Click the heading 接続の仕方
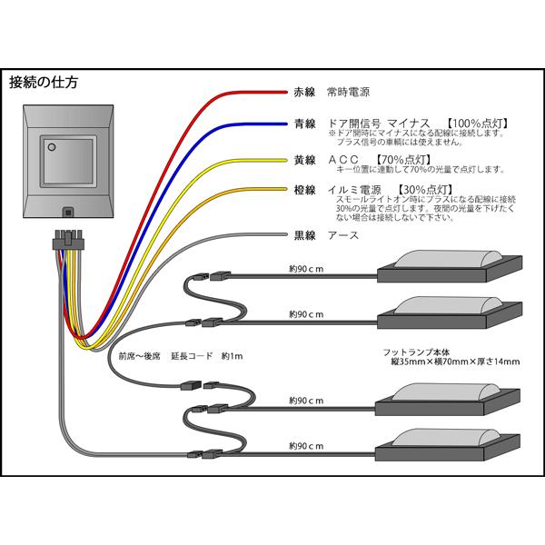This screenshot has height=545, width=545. click(x=44, y=83)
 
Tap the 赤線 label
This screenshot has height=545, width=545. click(x=304, y=92)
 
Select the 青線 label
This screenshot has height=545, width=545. click(x=304, y=124)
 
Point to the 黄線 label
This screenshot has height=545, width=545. click(x=304, y=160)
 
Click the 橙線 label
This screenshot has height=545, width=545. click(x=304, y=190)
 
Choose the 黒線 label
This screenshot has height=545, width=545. click(x=304, y=235)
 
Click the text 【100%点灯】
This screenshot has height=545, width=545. click(x=478, y=123)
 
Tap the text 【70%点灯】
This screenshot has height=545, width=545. click(x=403, y=160)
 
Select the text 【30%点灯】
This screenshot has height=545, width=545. click(x=425, y=190)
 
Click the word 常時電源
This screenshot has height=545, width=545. click(x=348, y=92)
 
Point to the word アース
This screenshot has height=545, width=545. click(x=343, y=235)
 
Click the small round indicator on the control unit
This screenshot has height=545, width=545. click(x=52, y=147)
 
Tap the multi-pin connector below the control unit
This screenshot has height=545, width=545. click(x=68, y=240)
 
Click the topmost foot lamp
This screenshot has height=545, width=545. click(x=450, y=266)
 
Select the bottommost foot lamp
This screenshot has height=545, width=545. click(x=448, y=445)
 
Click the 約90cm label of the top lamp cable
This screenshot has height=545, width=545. click(x=306, y=269)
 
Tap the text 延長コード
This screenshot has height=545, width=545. click(x=192, y=356)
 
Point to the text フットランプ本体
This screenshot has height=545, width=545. click(x=416, y=352)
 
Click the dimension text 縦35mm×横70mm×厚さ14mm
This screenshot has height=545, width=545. click(x=455, y=362)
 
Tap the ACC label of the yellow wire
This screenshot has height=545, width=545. click(x=343, y=160)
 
